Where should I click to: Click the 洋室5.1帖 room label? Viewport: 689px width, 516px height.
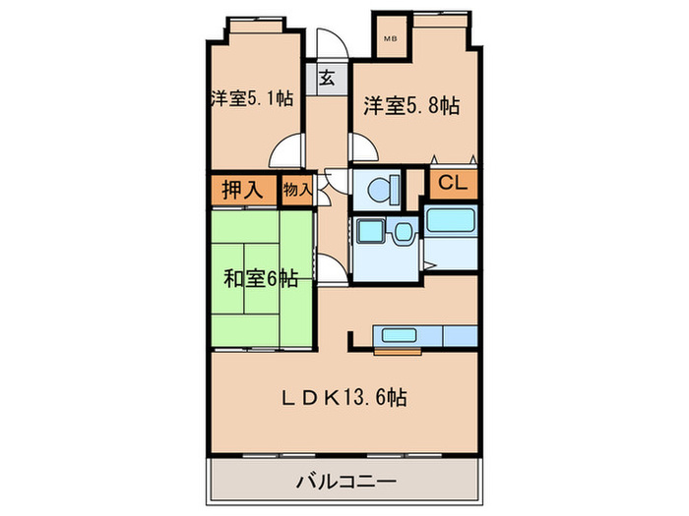click(250, 98)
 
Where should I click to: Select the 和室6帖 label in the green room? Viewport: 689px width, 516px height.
click(261, 278)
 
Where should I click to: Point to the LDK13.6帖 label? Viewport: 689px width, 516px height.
click(344, 398)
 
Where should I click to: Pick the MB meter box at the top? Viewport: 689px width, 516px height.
click(391, 40)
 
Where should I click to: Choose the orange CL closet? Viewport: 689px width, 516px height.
click(452, 183)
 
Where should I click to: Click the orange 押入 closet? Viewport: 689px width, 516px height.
click(241, 190)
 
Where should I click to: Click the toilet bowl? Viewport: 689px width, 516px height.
click(380, 187)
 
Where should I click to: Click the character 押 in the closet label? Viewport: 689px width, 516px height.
click(228, 190)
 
